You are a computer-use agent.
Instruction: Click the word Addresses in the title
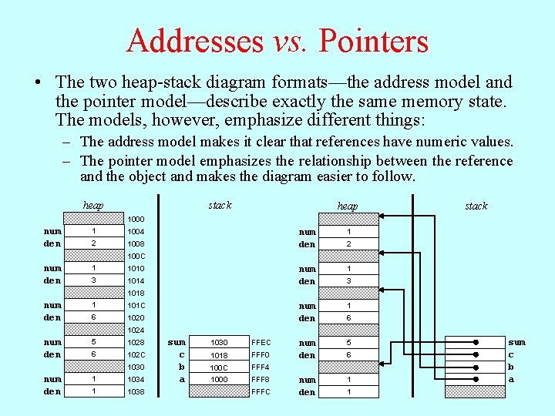pos(196,40)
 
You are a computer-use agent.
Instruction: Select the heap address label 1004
pos(136,231)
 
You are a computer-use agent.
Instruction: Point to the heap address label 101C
pos(136,305)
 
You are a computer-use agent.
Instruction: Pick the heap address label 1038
pos(136,391)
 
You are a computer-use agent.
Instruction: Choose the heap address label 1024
pos(136,330)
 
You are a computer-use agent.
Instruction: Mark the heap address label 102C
pos(136,354)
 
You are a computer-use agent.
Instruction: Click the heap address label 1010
pos(136,268)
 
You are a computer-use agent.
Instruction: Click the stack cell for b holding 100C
pos(220,367)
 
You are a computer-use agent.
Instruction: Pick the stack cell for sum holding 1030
pos(220,342)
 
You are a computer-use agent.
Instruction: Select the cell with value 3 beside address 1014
pos(93,280)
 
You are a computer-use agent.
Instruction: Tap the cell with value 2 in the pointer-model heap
pos(348,243)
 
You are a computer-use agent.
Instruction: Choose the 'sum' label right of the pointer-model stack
pos(516,342)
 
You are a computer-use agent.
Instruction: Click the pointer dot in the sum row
pos(476,342)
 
